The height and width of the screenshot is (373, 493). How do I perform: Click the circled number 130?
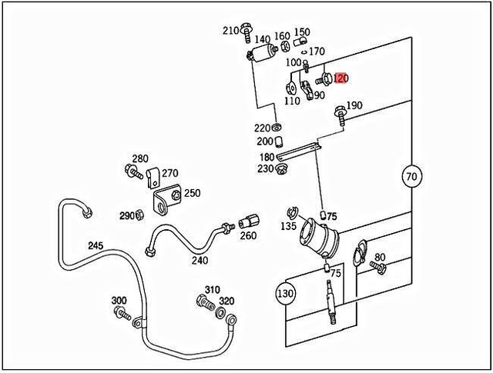click(x=286, y=292)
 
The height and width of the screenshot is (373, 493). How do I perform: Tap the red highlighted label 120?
click(x=341, y=78)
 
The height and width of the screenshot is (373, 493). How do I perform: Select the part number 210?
click(x=231, y=31)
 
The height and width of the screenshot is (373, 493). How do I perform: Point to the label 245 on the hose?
click(x=95, y=246)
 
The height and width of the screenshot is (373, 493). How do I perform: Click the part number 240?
click(x=200, y=260)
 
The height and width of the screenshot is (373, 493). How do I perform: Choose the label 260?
click(x=248, y=236)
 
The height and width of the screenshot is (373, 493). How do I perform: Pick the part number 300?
click(x=119, y=300)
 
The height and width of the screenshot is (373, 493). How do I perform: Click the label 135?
click(x=289, y=226)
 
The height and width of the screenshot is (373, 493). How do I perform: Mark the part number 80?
click(x=380, y=257)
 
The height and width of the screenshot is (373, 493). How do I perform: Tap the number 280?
click(x=139, y=158)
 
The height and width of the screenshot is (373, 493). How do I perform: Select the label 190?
click(x=354, y=105)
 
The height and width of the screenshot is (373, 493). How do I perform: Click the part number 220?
click(x=263, y=128)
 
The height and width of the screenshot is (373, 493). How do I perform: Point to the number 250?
click(x=192, y=193)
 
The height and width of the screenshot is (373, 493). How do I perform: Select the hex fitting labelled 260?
click(x=248, y=221)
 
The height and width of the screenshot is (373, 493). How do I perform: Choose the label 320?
click(x=226, y=301)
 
